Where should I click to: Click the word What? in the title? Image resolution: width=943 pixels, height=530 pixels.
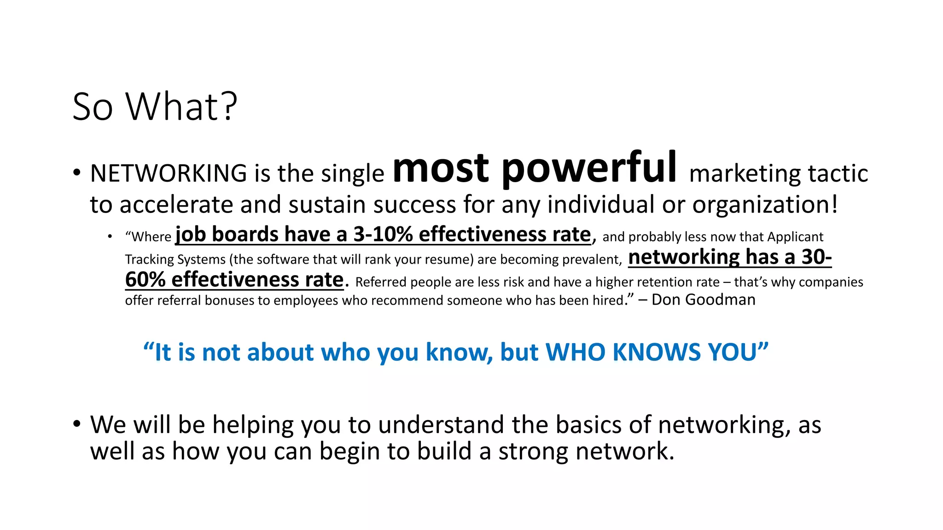[181, 107]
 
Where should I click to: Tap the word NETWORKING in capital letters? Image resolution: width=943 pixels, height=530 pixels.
[169, 174]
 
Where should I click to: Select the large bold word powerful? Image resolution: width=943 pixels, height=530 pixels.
[589, 168]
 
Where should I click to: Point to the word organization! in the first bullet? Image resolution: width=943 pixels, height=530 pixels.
[765, 205]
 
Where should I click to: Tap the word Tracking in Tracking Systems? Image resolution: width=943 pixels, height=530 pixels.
[149, 260]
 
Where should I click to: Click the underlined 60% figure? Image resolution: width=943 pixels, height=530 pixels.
[145, 280]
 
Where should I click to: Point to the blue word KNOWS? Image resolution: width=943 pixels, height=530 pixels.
[658, 352]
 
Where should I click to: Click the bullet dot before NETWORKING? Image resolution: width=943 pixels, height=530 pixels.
[76, 173]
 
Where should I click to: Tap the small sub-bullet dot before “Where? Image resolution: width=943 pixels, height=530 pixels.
[110, 237]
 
